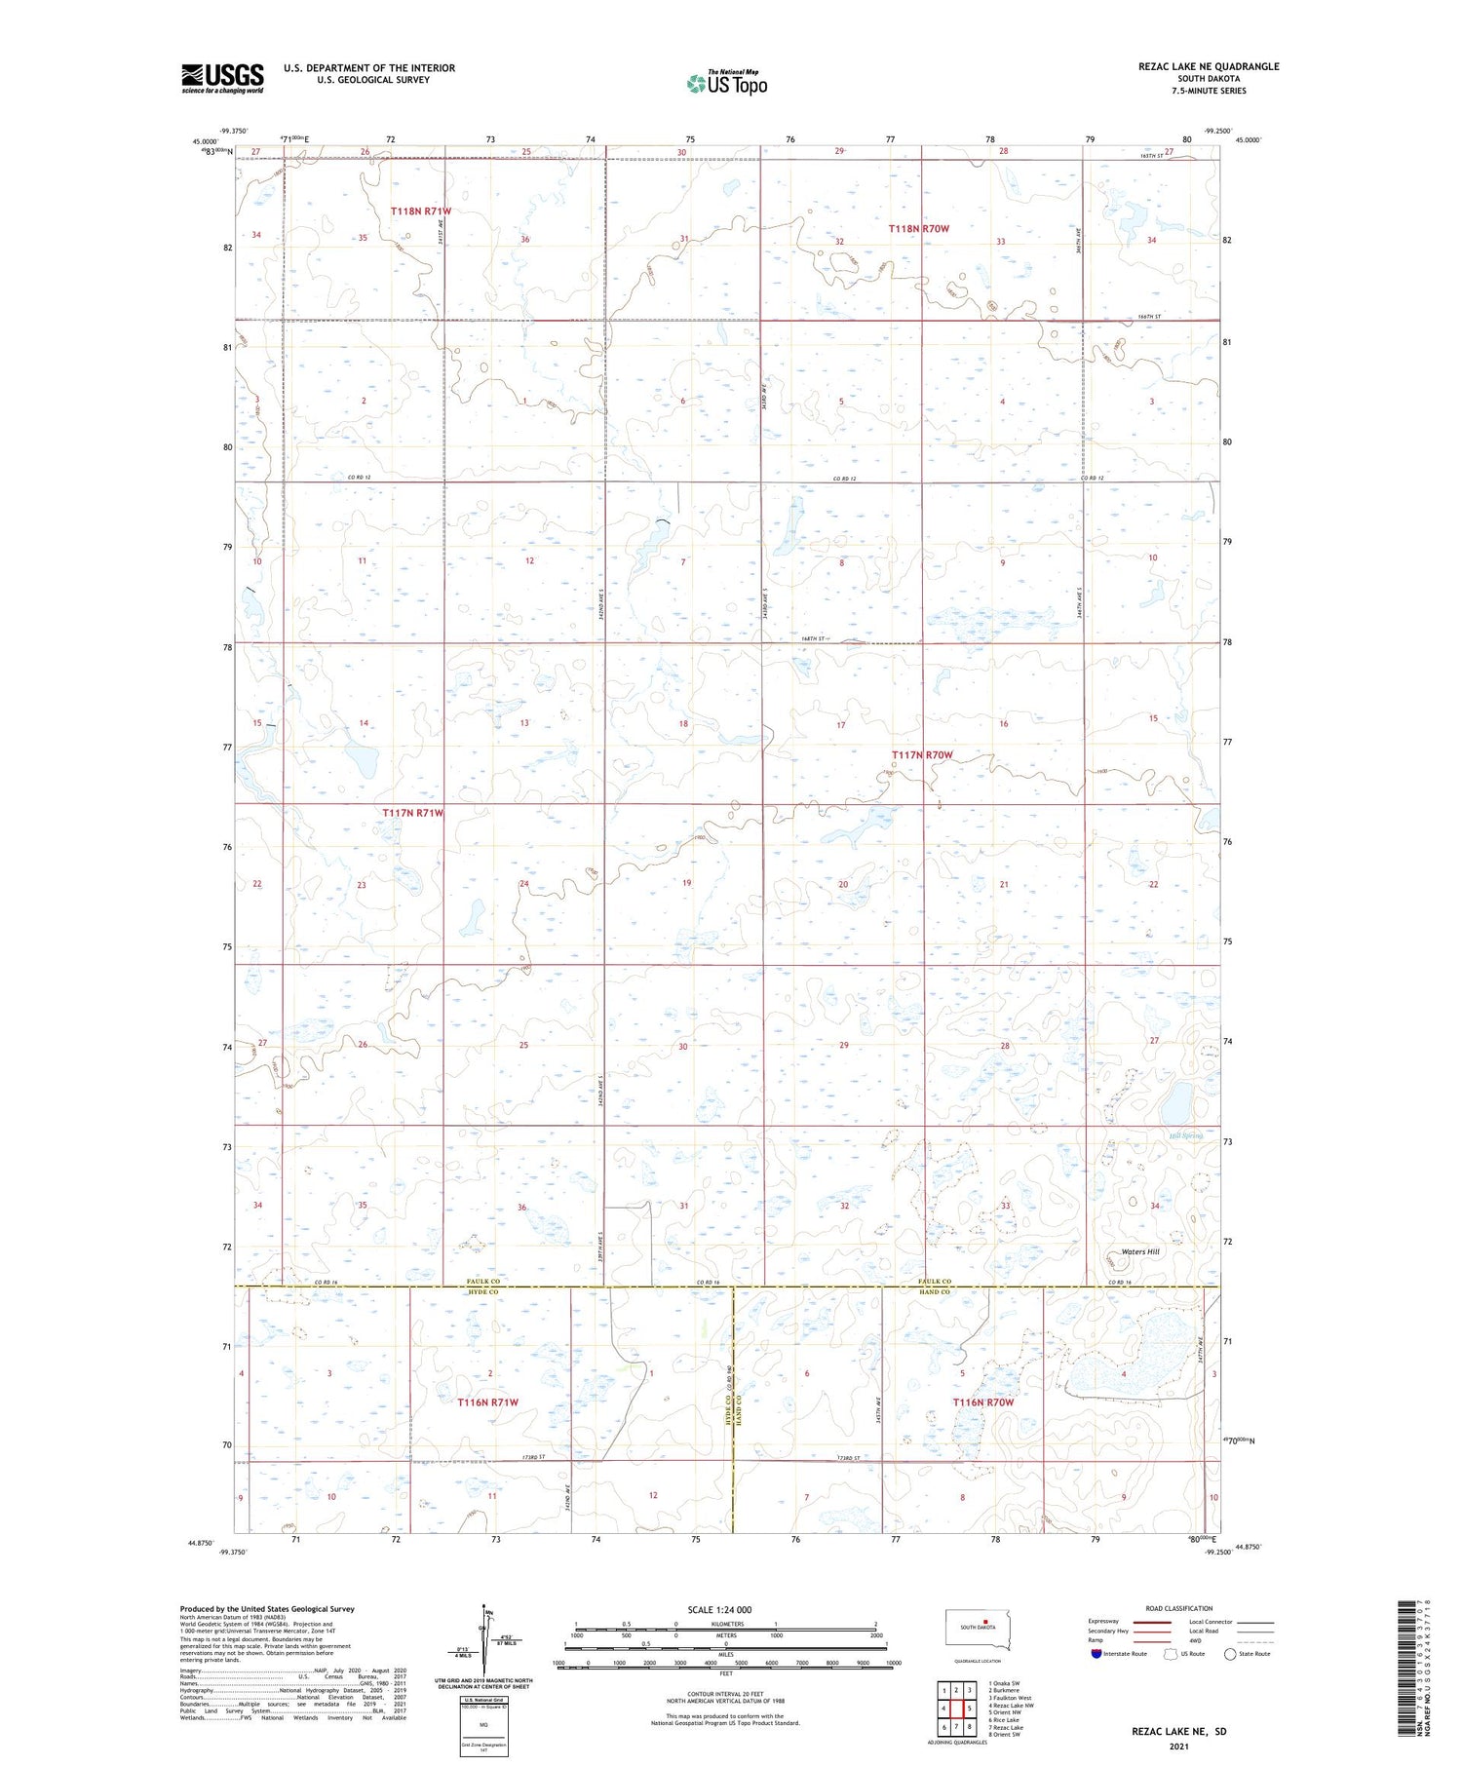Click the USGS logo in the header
click(222, 78)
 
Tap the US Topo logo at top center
click(726, 83)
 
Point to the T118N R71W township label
click(421, 211)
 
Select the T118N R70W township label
click(918, 228)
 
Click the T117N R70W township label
click(921, 755)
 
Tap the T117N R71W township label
click(413, 813)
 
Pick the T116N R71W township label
click(487, 1402)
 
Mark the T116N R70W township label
click(983, 1402)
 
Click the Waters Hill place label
click(1139, 1251)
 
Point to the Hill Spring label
click(1186, 1135)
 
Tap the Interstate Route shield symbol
click(1096, 1654)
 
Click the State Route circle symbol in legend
click(1230, 1654)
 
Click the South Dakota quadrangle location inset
click(978, 1630)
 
